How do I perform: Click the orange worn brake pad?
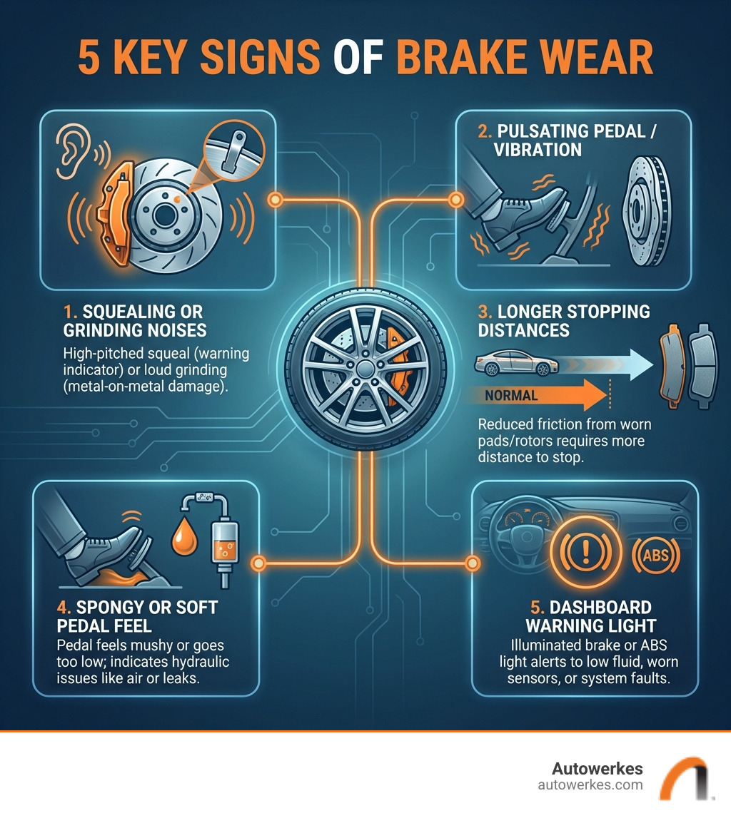672,366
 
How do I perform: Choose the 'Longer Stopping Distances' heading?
564,321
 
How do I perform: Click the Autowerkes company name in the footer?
597,769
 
